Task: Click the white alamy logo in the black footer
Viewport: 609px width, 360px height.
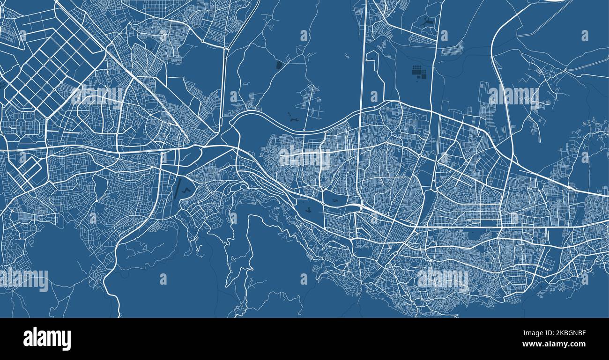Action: [47, 339]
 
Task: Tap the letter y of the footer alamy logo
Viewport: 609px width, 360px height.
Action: [67, 340]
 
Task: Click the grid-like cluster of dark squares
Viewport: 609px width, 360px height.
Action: [419, 72]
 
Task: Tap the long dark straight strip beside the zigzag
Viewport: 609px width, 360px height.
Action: [177, 190]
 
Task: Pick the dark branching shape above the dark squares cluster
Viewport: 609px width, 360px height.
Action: [426, 21]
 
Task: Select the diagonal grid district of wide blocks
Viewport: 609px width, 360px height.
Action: [52, 66]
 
